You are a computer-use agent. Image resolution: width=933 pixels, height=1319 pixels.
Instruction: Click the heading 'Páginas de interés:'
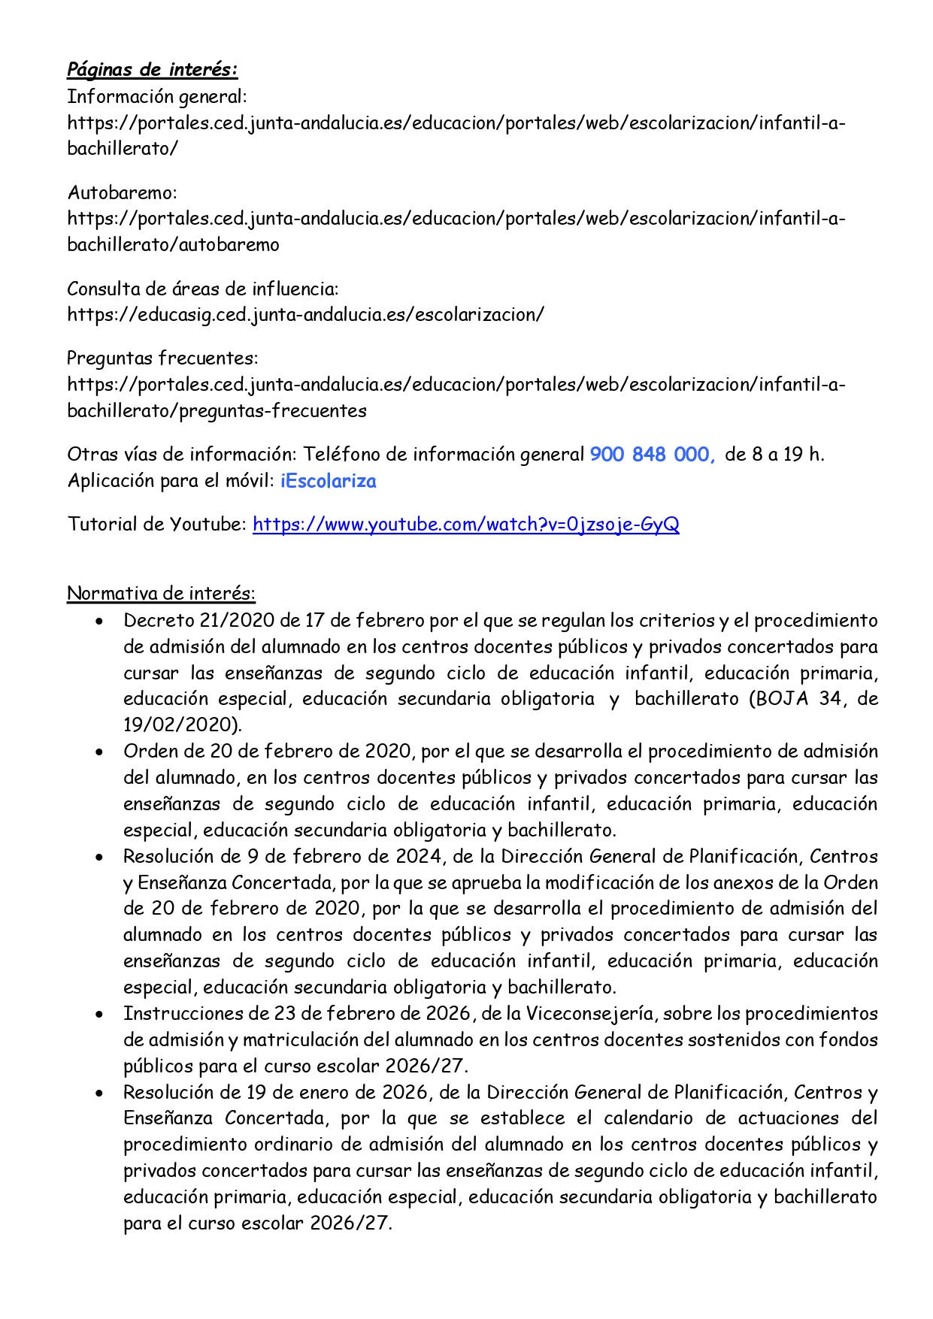pyautogui.click(x=152, y=69)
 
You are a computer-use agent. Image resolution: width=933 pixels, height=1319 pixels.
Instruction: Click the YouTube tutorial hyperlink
pyautogui.click(x=465, y=524)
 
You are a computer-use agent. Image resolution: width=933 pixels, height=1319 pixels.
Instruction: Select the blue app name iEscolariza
pyautogui.click(x=328, y=481)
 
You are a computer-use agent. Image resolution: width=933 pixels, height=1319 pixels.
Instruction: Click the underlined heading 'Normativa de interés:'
pyautogui.click(x=161, y=593)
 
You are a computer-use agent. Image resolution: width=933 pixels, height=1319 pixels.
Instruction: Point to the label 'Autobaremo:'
pyautogui.click(x=122, y=192)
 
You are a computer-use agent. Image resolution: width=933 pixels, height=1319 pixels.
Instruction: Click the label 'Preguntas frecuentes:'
pyautogui.click(x=162, y=358)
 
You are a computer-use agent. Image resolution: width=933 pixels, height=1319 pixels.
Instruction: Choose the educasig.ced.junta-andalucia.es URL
pyautogui.click(x=305, y=314)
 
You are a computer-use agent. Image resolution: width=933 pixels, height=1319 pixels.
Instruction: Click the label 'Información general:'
pyautogui.click(x=157, y=96)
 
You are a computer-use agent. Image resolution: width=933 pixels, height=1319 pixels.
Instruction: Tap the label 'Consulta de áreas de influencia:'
pyautogui.click(x=203, y=289)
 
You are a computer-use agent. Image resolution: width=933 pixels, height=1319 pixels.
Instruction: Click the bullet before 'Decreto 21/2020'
pyautogui.click(x=99, y=622)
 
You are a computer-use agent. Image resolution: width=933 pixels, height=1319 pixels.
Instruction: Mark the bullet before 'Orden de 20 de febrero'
pyautogui.click(x=99, y=752)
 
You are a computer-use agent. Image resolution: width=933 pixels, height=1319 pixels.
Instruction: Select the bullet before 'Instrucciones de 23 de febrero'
pyautogui.click(x=99, y=1015)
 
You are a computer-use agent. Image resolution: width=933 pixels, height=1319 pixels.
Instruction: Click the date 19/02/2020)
pyautogui.click(x=183, y=725)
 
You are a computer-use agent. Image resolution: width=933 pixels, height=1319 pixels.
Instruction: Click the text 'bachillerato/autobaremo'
pyautogui.click(x=173, y=244)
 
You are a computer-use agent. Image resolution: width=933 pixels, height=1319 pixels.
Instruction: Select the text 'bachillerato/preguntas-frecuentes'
pyautogui.click(x=217, y=410)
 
